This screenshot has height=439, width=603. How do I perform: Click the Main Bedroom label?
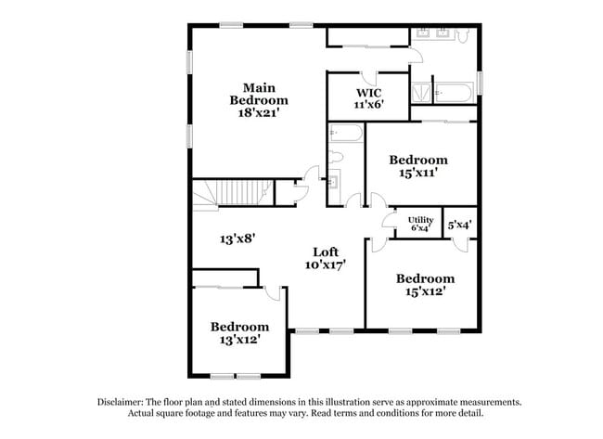pyautogui.click(x=258, y=99)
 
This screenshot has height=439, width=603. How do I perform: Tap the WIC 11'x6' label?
pyautogui.click(x=369, y=99)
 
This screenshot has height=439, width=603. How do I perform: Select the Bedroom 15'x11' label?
pyautogui.click(x=417, y=165)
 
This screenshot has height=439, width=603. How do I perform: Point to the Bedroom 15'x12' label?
pyautogui.click(x=425, y=284)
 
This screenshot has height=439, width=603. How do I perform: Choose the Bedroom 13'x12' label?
pyautogui.click(x=239, y=332)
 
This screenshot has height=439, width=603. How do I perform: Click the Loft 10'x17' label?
pyautogui.click(x=326, y=258)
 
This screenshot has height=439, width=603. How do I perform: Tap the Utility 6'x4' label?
pyautogui.click(x=420, y=224)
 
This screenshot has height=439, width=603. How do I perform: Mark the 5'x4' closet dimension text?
pyautogui.click(x=459, y=224)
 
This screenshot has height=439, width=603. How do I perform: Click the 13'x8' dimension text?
pyautogui.click(x=237, y=239)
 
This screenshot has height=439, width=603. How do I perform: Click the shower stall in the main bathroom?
pyautogui.click(x=422, y=93)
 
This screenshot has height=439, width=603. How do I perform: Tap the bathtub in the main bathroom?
pyautogui.click(x=455, y=93)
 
